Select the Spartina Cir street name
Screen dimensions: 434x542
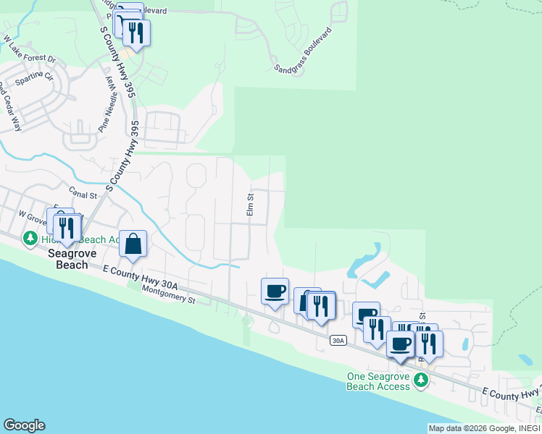click(34, 77)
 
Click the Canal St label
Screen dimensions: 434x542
click(83, 195)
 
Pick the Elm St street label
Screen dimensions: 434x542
click(250, 204)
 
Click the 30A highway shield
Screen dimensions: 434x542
click(338, 340)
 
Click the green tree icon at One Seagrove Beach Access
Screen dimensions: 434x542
click(420, 379)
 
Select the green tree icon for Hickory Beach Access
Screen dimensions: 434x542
click(30, 237)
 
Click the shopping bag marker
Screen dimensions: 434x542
click(133, 244)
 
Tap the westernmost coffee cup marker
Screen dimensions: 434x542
click(275, 292)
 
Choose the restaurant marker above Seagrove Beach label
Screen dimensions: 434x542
click(67, 228)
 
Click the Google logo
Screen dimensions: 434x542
click(24, 425)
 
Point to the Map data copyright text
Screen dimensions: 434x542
click(483, 428)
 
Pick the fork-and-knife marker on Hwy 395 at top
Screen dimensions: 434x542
click(135, 32)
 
